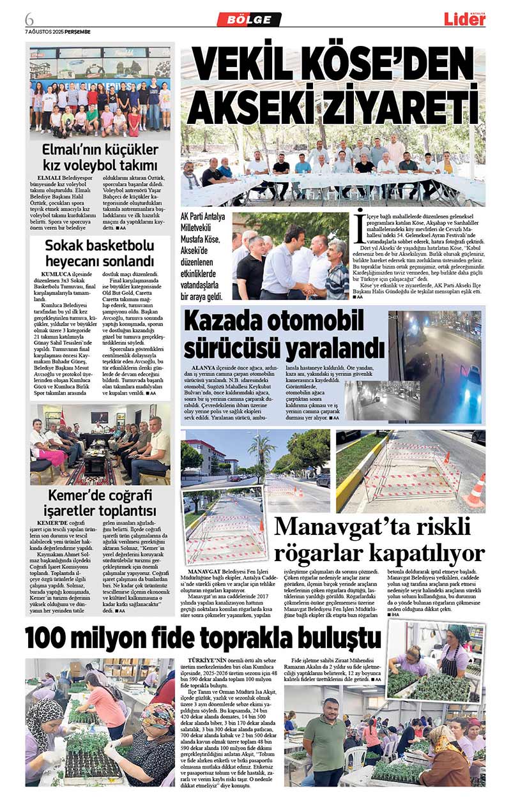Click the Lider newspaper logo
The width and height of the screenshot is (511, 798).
[464, 19]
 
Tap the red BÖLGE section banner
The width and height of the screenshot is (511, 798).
[249, 20]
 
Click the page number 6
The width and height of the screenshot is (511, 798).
[29, 17]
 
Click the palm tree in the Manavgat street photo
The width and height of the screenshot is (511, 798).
[263, 451]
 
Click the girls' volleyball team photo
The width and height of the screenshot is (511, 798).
[100, 92]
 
